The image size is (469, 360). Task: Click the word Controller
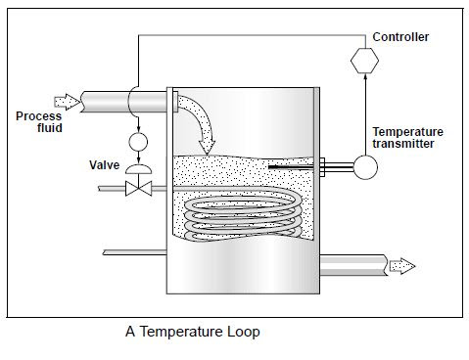(x=400, y=38)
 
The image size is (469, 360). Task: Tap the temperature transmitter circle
(x=365, y=167)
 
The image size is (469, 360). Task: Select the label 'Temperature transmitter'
(x=407, y=139)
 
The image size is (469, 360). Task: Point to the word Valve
(x=104, y=165)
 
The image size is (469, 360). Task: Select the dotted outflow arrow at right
(x=401, y=265)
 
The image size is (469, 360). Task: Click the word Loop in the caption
(x=241, y=331)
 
